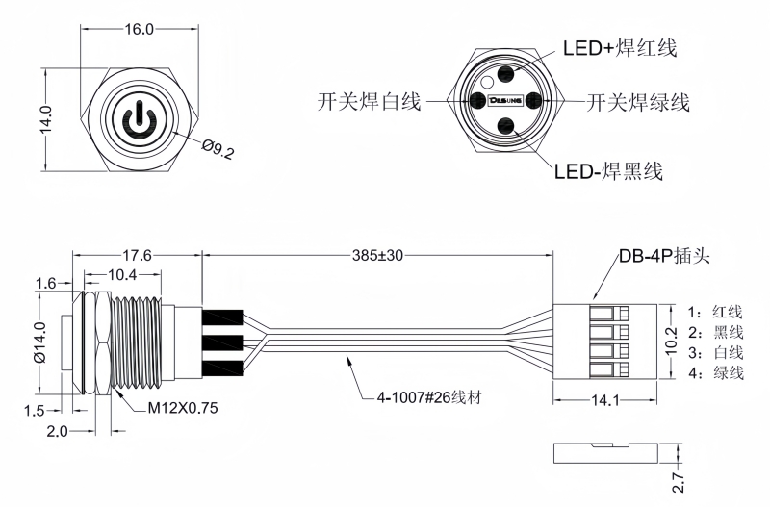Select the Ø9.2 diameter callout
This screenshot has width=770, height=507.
tap(218, 149)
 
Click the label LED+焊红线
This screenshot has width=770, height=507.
tap(620, 48)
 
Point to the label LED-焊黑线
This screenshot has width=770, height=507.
tap(608, 172)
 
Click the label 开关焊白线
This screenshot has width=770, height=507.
tap(369, 100)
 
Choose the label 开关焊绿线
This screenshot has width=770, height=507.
tap(638, 100)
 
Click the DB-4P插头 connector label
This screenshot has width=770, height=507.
tap(662, 257)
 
